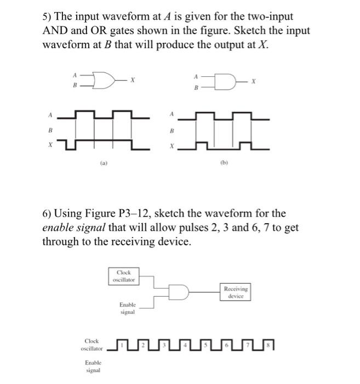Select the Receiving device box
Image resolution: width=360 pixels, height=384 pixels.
(236, 292)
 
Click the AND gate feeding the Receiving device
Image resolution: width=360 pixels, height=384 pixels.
(179, 292)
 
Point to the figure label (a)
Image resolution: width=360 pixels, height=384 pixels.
(104, 163)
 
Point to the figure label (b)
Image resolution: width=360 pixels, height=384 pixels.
(226, 163)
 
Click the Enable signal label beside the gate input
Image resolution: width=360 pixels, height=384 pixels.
(127, 307)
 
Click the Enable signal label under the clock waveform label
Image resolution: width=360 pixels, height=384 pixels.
(92, 366)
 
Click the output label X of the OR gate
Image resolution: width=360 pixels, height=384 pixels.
(132, 81)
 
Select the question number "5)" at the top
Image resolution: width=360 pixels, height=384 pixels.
(48, 17)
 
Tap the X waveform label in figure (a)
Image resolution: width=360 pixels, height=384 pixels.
(49, 145)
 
